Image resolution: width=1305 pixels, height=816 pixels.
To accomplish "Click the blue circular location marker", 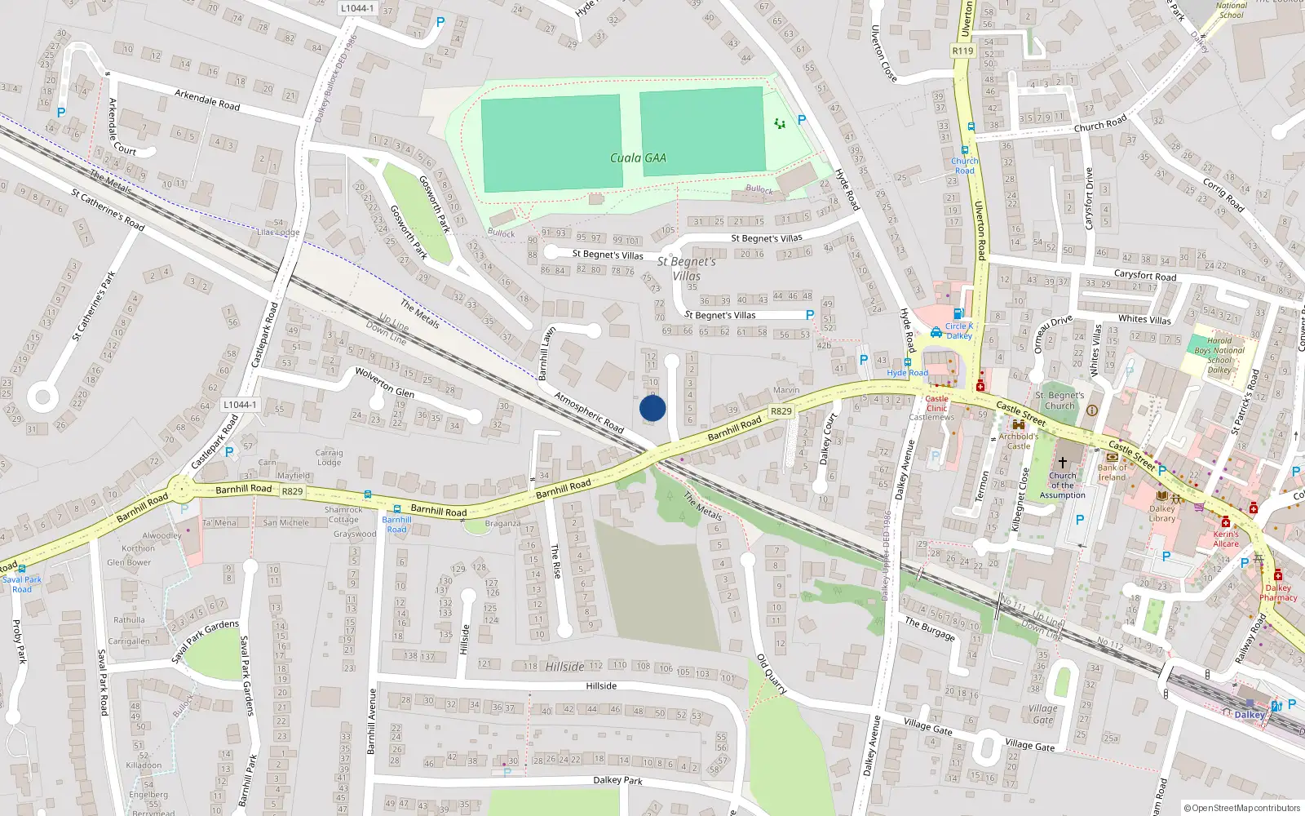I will pyautogui.click(x=652, y=408).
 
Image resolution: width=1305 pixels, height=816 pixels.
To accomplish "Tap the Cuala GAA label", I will pyautogui.click(x=638, y=158).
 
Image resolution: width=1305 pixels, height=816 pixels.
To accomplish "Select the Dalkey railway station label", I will pyautogui.click(x=1249, y=715).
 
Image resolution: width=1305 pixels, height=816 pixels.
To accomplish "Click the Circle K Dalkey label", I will pyautogui.click(x=958, y=330).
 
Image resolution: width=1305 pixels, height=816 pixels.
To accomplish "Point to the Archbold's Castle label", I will pyautogui.click(x=1018, y=441).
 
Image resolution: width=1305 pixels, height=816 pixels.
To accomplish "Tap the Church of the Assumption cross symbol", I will pyautogui.click(x=1063, y=462).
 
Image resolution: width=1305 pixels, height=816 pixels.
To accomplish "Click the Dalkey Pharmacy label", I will pyautogui.click(x=1277, y=592).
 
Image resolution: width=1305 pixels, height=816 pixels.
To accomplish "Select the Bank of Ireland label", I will pyautogui.click(x=1112, y=472).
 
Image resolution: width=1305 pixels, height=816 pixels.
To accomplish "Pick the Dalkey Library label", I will pyautogui.click(x=1162, y=513).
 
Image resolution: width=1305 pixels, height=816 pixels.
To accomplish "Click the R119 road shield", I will pyautogui.click(x=962, y=51).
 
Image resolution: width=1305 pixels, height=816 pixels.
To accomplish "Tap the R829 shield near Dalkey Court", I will pyautogui.click(x=781, y=411).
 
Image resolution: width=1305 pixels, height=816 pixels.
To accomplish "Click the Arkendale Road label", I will pyautogui.click(x=207, y=100).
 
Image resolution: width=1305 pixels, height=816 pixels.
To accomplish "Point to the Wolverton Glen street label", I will pyautogui.click(x=384, y=383).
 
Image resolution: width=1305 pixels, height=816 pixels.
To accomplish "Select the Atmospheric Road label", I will pyautogui.click(x=589, y=412).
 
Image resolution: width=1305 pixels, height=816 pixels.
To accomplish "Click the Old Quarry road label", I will pyautogui.click(x=771, y=674).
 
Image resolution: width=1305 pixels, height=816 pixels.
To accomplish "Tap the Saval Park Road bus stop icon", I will pyautogui.click(x=21, y=569).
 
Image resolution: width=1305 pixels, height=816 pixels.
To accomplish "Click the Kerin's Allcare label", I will pyautogui.click(x=1225, y=539).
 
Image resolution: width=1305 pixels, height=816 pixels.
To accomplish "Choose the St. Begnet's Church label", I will pyautogui.click(x=1059, y=400).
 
